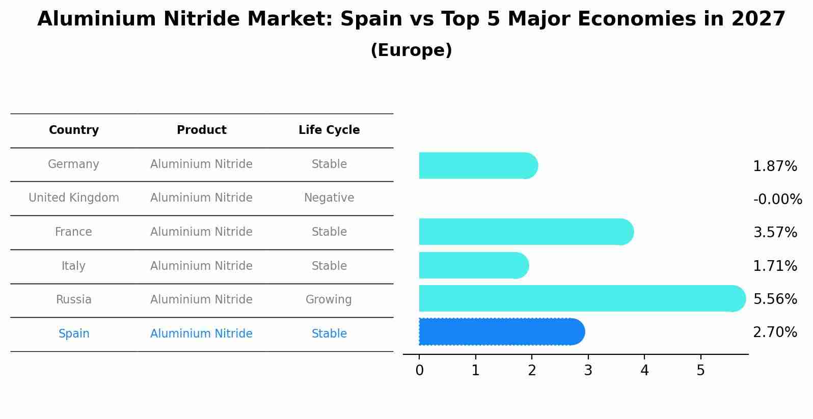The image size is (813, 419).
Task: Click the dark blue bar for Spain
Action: point(502,332)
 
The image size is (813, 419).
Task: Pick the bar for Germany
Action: point(478,165)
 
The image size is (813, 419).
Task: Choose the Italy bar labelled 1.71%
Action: point(473,265)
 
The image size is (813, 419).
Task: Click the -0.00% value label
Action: point(777,200)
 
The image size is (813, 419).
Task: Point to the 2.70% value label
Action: point(775,332)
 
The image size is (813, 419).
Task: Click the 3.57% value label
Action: point(775,233)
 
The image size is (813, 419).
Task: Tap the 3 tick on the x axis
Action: point(588,371)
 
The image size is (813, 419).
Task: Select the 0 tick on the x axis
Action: point(419,371)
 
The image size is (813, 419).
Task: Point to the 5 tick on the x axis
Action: point(700,371)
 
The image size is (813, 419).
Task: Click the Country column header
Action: point(74,130)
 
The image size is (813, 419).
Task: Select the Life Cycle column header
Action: point(329,130)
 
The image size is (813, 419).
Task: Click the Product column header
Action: point(201,130)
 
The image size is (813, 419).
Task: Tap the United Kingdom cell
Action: point(74,198)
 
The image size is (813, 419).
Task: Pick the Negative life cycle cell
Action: point(329,198)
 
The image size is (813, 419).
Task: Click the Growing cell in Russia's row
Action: point(329,300)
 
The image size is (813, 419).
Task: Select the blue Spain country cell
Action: point(74,334)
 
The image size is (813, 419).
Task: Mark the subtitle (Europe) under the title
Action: point(411,50)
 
